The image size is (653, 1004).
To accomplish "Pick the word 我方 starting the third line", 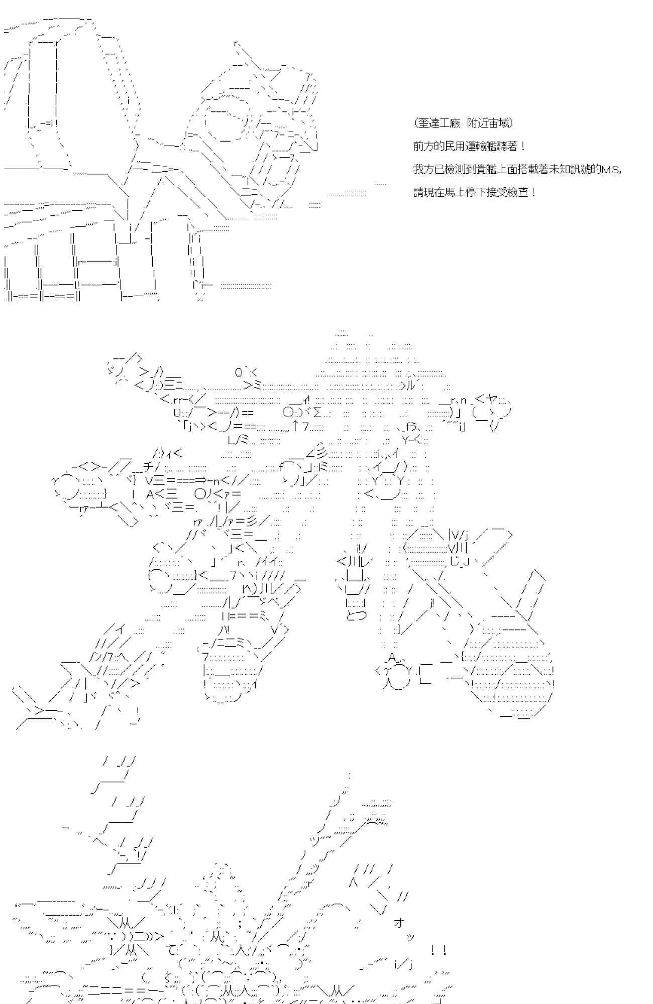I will tap(419, 169).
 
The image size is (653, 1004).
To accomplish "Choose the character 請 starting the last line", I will tap(418, 192).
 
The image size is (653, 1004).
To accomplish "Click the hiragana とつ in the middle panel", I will tap(356, 614).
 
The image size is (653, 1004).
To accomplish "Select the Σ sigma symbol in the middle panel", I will tap(318, 413).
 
